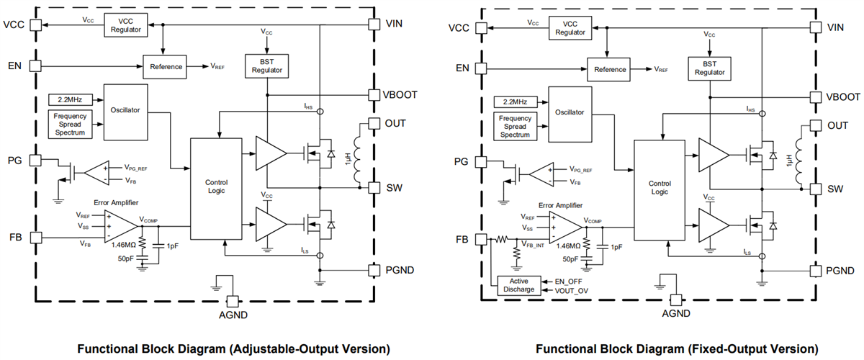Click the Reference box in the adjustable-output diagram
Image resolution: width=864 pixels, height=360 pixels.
pyautogui.click(x=166, y=66)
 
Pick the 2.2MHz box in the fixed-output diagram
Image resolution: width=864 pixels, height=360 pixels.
pyautogui.click(x=512, y=102)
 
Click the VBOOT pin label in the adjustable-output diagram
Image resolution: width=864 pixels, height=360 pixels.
pyautogui.click(x=400, y=95)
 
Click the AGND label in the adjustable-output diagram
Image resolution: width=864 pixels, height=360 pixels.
pyautogui.click(x=232, y=316)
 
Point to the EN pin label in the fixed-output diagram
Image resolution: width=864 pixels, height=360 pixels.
pyautogui.click(x=462, y=68)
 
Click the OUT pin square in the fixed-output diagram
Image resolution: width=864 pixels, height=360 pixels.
pyautogui.click(x=815, y=125)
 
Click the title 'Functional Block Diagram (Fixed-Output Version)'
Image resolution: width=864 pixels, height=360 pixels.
pyautogui.click(x=676, y=349)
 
